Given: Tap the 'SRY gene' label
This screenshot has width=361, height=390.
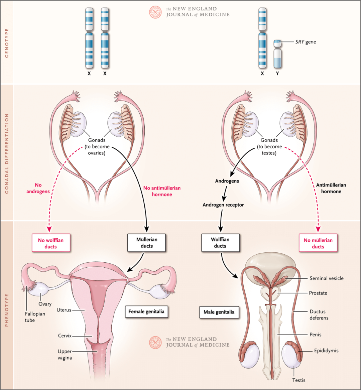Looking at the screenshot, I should tap(305, 42).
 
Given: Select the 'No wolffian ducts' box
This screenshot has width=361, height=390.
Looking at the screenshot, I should tap(51, 243).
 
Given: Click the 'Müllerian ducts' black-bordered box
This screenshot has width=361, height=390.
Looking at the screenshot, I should tap(147, 243).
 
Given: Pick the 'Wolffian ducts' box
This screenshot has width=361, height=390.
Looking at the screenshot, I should tap(220, 243).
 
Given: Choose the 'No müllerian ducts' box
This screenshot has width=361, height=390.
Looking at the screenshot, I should tap(318, 243).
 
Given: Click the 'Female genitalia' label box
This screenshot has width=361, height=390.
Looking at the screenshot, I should tap(146, 312).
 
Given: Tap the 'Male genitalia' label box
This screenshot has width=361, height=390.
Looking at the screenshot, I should tap(219, 312).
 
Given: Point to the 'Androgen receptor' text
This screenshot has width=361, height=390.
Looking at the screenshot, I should tap(223, 205).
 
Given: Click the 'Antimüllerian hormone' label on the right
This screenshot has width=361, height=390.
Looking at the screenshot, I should tap(331, 188).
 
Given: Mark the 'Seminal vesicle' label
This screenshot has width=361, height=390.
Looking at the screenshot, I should tap(326, 278).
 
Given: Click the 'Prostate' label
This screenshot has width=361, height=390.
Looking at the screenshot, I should tap(318, 293).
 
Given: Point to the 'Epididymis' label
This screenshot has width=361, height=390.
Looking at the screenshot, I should tap(326, 351).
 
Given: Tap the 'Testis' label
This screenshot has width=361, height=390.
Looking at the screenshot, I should tap(298, 380).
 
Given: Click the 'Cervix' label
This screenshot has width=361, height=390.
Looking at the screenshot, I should tap(64, 336).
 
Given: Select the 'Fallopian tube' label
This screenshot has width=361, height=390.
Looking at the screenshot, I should tap(35, 317).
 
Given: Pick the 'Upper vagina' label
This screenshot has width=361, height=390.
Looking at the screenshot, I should tap(65, 355).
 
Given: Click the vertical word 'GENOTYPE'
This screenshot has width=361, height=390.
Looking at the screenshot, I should tap(7, 43).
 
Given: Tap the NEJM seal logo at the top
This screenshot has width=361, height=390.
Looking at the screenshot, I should tap(155, 12).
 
